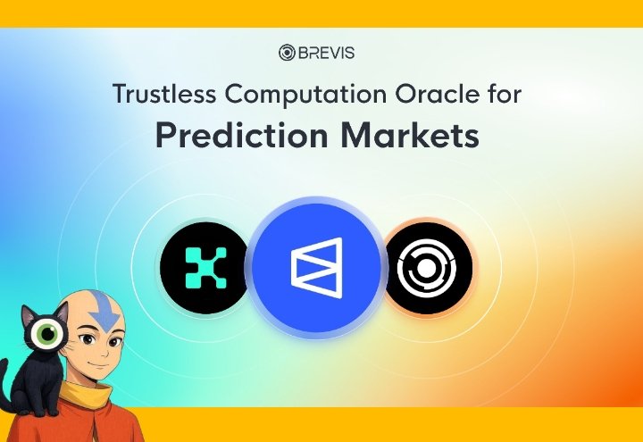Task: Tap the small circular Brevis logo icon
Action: point(288,53)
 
